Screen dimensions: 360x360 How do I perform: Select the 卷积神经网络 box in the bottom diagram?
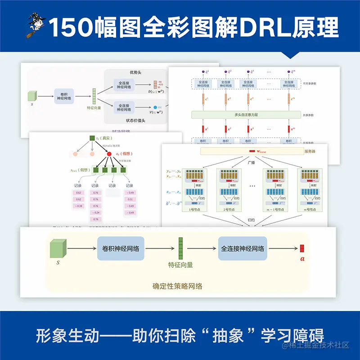pyautogui.click(x=121, y=248)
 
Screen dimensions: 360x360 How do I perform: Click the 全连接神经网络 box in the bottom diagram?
pyautogui.click(x=243, y=248)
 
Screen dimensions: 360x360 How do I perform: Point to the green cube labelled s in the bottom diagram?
pyautogui.click(x=57, y=249)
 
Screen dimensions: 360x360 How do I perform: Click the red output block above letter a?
pyautogui.click(x=302, y=248)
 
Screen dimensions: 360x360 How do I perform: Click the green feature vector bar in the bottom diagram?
pyautogui.click(x=181, y=249)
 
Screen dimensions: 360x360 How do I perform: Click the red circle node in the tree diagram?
pyautogui.click(x=109, y=154)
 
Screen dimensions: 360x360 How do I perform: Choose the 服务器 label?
pyautogui.click(x=310, y=151)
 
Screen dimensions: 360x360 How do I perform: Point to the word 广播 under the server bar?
pyautogui.click(x=252, y=159)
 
